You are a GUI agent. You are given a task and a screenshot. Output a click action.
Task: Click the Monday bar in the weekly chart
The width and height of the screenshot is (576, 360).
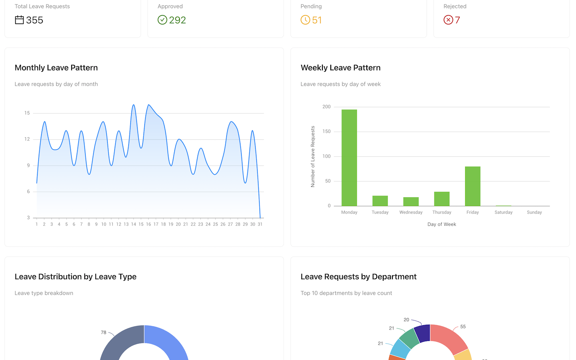[349, 158]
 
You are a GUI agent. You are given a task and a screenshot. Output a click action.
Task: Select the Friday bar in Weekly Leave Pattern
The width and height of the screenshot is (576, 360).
[472, 186]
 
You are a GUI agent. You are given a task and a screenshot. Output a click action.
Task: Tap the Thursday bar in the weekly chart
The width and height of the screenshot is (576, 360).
[442, 199]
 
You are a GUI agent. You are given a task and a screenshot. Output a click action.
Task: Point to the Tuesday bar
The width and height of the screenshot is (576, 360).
[380, 201]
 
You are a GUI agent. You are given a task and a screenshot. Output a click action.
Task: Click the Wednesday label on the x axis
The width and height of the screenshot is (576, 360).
[411, 212]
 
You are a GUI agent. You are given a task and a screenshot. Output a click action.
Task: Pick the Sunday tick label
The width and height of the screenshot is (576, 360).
[534, 212]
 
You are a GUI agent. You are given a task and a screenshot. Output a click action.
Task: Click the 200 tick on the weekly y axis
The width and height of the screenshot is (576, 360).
[326, 107]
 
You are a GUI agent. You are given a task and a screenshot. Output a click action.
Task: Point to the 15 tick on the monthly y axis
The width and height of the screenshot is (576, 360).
[27, 113]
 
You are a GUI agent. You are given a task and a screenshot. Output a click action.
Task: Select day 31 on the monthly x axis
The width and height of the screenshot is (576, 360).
[260, 224]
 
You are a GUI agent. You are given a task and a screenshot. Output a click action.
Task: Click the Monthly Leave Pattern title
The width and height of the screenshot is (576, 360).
[56, 68]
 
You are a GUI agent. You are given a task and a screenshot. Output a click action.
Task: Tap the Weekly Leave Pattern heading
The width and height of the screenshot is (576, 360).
[340, 68]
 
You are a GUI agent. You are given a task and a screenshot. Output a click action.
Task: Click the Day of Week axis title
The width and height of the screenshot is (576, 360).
[442, 224]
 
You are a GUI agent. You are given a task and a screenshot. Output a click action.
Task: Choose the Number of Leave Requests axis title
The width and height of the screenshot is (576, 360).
[313, 156]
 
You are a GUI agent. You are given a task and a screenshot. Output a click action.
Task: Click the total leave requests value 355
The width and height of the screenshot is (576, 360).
[35, 20]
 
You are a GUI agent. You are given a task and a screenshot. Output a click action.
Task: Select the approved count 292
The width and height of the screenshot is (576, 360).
[178, 20]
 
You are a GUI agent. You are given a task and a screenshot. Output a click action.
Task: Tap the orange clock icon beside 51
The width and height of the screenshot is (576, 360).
[305, 20]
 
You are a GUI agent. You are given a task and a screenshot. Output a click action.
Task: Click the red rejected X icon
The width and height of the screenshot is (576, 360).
[448, 20]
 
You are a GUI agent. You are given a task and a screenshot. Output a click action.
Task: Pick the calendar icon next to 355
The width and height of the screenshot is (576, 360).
[19, 20]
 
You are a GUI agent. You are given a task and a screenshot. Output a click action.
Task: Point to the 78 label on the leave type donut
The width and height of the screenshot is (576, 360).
[104, 332]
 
